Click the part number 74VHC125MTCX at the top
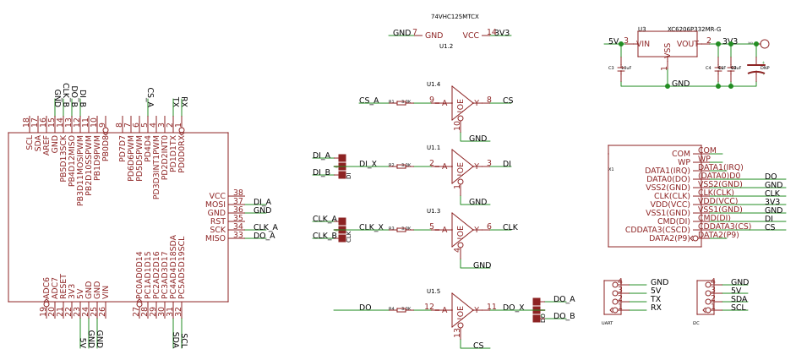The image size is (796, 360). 455,17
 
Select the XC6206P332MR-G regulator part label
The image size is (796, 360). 694,29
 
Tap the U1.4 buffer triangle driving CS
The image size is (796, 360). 461,101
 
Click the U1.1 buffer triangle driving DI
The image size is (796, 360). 461,165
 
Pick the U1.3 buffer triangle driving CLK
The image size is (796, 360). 461,228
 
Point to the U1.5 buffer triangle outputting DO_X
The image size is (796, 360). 461,309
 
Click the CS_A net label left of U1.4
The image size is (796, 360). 368,101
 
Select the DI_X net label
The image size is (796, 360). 368,164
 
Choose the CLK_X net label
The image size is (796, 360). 371,227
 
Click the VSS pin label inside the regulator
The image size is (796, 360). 668,50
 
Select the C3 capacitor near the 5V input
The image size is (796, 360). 622,68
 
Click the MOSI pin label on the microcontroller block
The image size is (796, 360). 215,205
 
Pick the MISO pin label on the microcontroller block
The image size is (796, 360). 215,238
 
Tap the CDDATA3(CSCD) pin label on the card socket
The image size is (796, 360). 657,230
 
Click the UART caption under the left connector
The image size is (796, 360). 607,323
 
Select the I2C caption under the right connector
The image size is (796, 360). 695,323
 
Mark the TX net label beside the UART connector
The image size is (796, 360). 656,299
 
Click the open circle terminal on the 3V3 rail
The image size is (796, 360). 765,43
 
